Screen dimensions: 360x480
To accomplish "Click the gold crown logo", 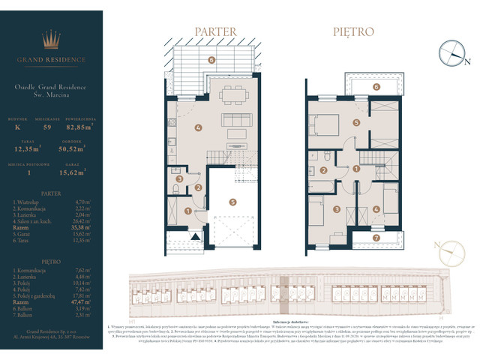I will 50,40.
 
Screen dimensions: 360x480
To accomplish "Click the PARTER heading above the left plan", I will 216,31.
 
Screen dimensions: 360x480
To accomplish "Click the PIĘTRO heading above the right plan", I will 354,31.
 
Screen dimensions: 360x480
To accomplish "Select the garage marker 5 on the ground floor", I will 233,201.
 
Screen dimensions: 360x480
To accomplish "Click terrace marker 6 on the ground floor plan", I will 211,59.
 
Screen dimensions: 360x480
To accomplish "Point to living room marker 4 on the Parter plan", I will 198,127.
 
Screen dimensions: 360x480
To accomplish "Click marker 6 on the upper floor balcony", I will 356,87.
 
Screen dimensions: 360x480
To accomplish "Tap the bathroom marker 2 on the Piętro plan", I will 323,170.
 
